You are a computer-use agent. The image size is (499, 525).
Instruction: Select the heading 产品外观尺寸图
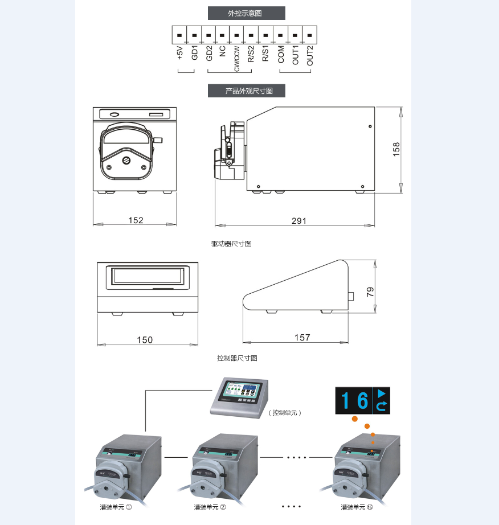(x=246, y=91)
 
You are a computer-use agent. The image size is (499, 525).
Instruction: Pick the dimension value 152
(x=136, y=220)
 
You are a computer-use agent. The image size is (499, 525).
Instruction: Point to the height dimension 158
(x=397, y=149)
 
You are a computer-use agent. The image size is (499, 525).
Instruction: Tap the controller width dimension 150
(x=145, y=339)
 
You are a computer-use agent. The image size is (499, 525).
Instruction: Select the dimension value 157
(x=302, y=338)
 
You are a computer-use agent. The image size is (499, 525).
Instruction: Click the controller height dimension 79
(x=370, y=292)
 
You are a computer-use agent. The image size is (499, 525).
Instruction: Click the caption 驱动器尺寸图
(x=231, y=244)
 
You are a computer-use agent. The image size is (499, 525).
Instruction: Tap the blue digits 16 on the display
(x=354, y=401)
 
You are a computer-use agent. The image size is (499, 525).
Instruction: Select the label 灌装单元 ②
(x=210, y=507)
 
